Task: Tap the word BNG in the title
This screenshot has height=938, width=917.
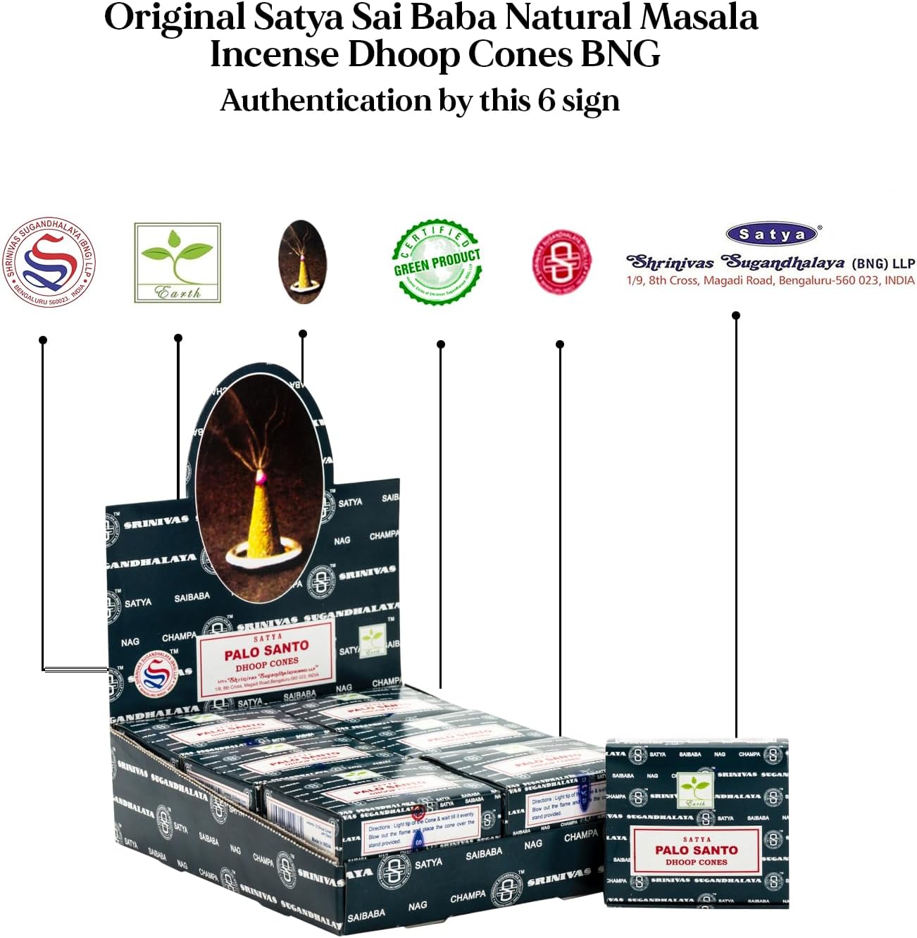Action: (x=620, y=54)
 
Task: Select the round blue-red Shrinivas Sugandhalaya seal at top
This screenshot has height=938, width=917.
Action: (x=49, y=263)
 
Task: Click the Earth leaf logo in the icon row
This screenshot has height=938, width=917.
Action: (x=177, y=263)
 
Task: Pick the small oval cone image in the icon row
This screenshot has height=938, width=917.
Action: (x=302, y=261)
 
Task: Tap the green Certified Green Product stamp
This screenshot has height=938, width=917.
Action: (x=437, y=261)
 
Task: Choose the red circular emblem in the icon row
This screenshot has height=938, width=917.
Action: (x=561, y=261)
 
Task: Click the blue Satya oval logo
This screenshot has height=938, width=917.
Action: (x=772, y=234)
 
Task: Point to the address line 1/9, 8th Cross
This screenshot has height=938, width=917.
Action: (x=771, y=280)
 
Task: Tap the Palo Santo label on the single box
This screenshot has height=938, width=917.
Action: (x=696, y=851)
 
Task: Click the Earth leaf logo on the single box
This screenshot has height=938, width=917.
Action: (x=695, y=789)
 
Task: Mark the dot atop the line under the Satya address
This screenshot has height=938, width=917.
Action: (x=736, y=315)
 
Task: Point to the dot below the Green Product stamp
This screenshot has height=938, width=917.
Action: (x=441, y=344)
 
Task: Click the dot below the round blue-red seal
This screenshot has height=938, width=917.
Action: (x=43, y=340)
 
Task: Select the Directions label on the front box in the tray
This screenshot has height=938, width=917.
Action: (x=421, y=832)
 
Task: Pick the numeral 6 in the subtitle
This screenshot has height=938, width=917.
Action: (x=547, y=101)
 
